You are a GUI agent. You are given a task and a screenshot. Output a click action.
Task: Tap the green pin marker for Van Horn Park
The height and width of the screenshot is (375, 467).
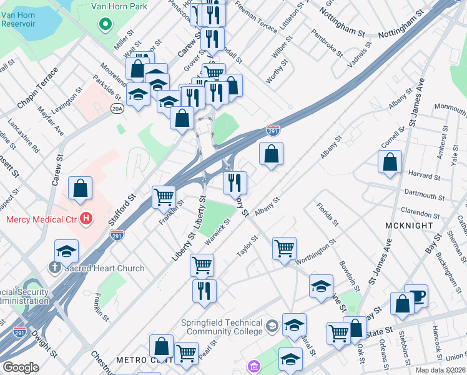point(106,25)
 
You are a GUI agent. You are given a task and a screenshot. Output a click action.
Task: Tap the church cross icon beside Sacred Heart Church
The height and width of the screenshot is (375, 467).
point(54,268)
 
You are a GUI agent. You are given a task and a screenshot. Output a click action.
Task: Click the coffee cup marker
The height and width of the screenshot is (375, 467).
point(416,296)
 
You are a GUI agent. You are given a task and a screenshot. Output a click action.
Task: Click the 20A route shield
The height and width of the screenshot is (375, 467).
point(117,109)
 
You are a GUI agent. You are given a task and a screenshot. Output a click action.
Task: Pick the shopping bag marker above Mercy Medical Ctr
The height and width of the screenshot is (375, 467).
point(81,187)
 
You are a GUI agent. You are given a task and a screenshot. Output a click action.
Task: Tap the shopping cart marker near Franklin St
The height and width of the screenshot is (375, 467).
point(164,196)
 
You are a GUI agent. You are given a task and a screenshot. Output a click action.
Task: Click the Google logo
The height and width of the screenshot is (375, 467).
point(21,367)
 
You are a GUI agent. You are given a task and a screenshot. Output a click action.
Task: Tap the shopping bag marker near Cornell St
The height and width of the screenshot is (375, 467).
point(390,162)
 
